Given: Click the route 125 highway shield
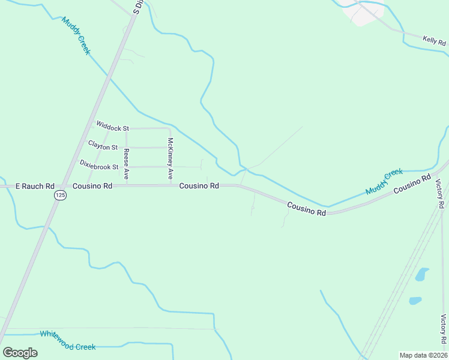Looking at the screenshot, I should [59, 196].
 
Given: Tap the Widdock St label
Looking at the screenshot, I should [113, 128].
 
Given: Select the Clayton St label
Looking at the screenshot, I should [103, 145].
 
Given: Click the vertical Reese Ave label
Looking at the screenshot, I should [127, 164].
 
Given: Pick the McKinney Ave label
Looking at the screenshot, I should [170, 159].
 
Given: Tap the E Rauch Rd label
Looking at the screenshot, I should [35, 187].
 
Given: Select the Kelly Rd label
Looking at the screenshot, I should [435, 41].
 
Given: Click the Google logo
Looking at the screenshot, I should [20, 352].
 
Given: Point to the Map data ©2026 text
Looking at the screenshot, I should [423, 355].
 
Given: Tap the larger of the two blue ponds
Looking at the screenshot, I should [423, 275].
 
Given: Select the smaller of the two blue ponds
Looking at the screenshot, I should [415, 301].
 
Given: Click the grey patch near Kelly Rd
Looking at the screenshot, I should [367, 14].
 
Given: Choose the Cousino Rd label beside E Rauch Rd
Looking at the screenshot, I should [92, 187].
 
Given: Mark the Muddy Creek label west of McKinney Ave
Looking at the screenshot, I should [75, 36].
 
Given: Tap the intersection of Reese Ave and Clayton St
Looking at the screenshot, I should [126, 147].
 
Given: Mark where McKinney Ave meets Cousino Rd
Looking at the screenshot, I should [170, 185].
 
